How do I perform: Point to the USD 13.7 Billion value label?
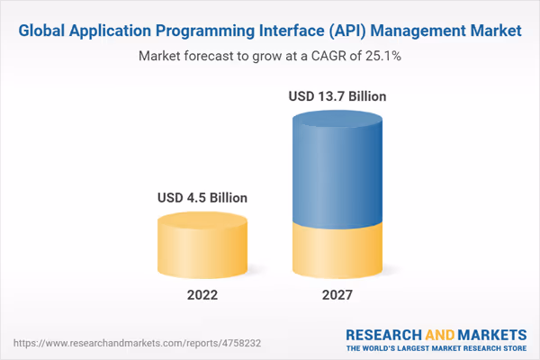point(336,94)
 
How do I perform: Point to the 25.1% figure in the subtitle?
point(380,56)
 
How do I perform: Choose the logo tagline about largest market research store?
point(436,347)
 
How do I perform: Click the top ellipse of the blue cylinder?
point(336,121)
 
